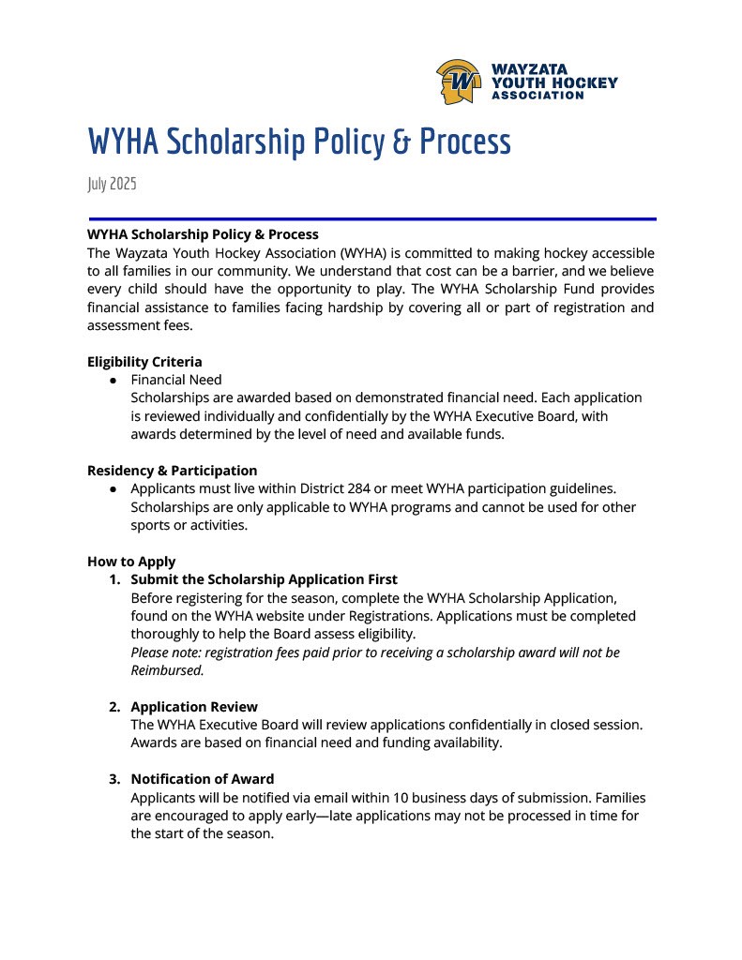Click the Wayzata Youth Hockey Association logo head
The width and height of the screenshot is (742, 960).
[x=459, y=82]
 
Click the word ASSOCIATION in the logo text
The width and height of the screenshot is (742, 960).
[x=538, y=96]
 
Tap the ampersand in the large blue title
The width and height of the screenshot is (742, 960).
[x=401, y=142]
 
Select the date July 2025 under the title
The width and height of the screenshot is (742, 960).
[x=112, y=184]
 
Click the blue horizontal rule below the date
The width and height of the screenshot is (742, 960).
[x=371, y=219]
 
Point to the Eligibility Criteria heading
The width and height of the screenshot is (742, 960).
[x=144, y=362]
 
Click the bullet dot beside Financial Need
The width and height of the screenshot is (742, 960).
[x=113, y=380]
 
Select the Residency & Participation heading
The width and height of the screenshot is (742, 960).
[x=172, y=471]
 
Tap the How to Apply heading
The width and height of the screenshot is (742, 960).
[x=131, y=562]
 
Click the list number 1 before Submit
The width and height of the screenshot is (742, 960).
[x=114, y=579]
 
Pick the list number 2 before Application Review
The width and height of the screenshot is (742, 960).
[x=114, y=707]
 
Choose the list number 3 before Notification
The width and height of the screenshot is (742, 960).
[x=114, y=779]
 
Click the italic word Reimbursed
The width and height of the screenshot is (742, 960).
[x=167, y=670]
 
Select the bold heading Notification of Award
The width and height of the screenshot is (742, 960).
[x=202, y=779]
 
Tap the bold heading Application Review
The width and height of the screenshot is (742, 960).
[x=193, y=707]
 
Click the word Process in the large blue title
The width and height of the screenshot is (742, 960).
[x=465, y=142]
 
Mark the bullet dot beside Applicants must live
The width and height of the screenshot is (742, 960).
[x=113, y=488]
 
